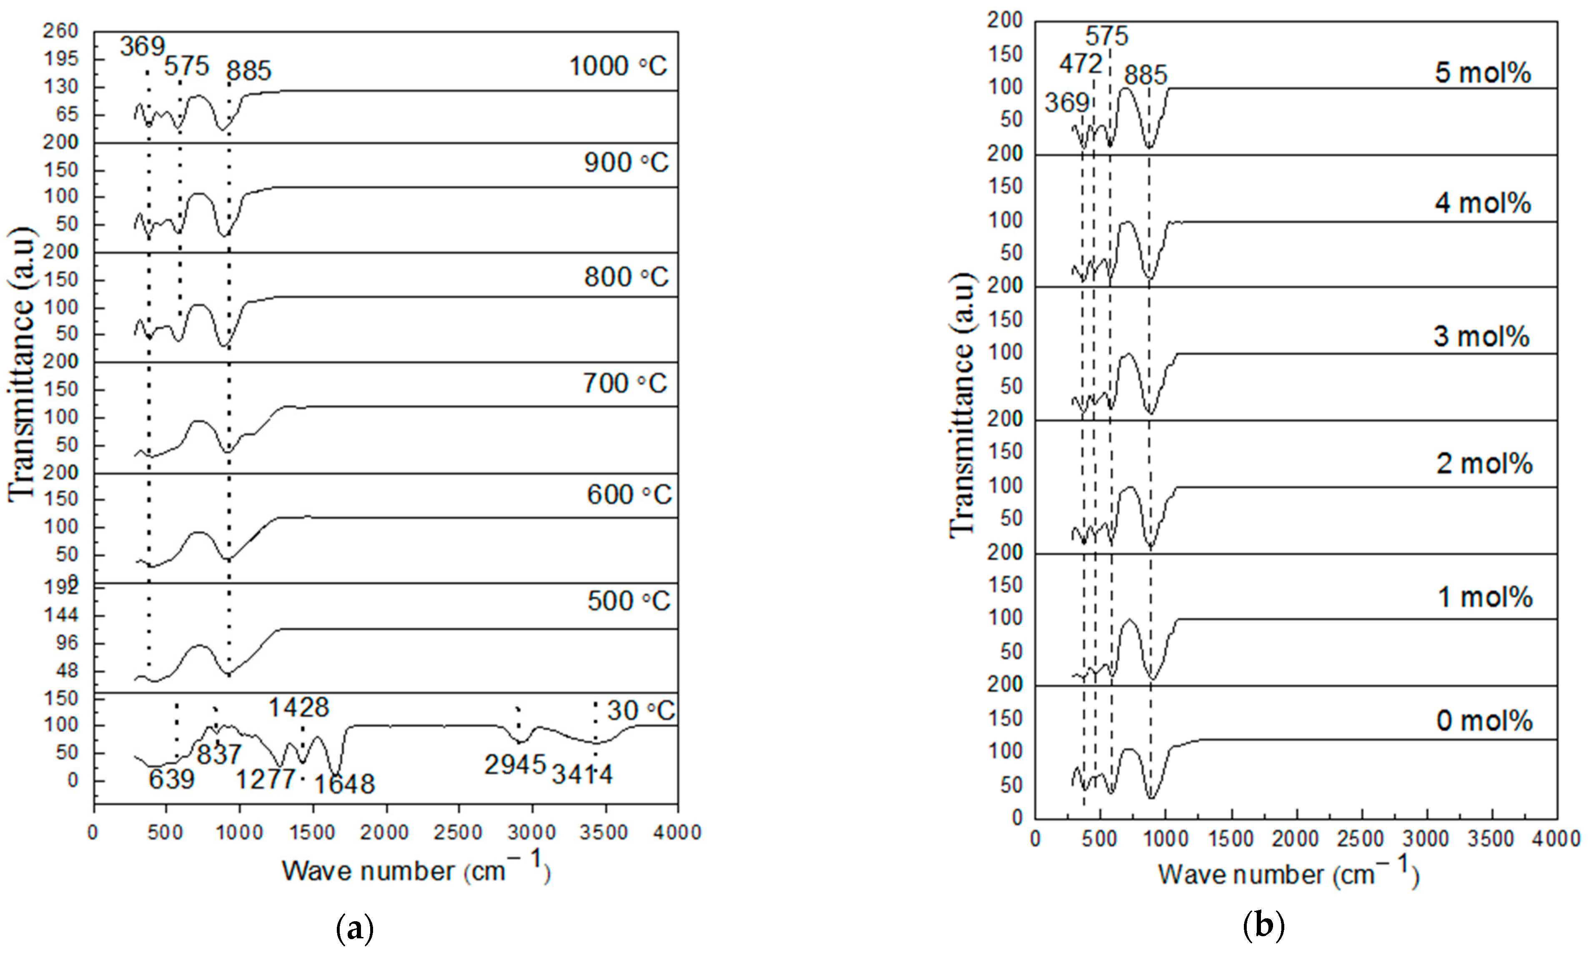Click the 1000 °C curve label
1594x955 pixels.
[x=618, y=66]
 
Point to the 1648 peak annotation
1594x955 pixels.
[x=344, y=784]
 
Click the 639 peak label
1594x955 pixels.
[x=171, y=780]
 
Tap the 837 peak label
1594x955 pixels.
[x=219, y=754]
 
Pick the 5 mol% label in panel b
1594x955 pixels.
[x=1483, y=73]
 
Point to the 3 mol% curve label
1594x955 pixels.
[x=1481, y=336]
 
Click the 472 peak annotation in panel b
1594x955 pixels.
[x=1081, y=64]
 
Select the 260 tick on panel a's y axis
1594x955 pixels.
[x=62, y=31]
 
